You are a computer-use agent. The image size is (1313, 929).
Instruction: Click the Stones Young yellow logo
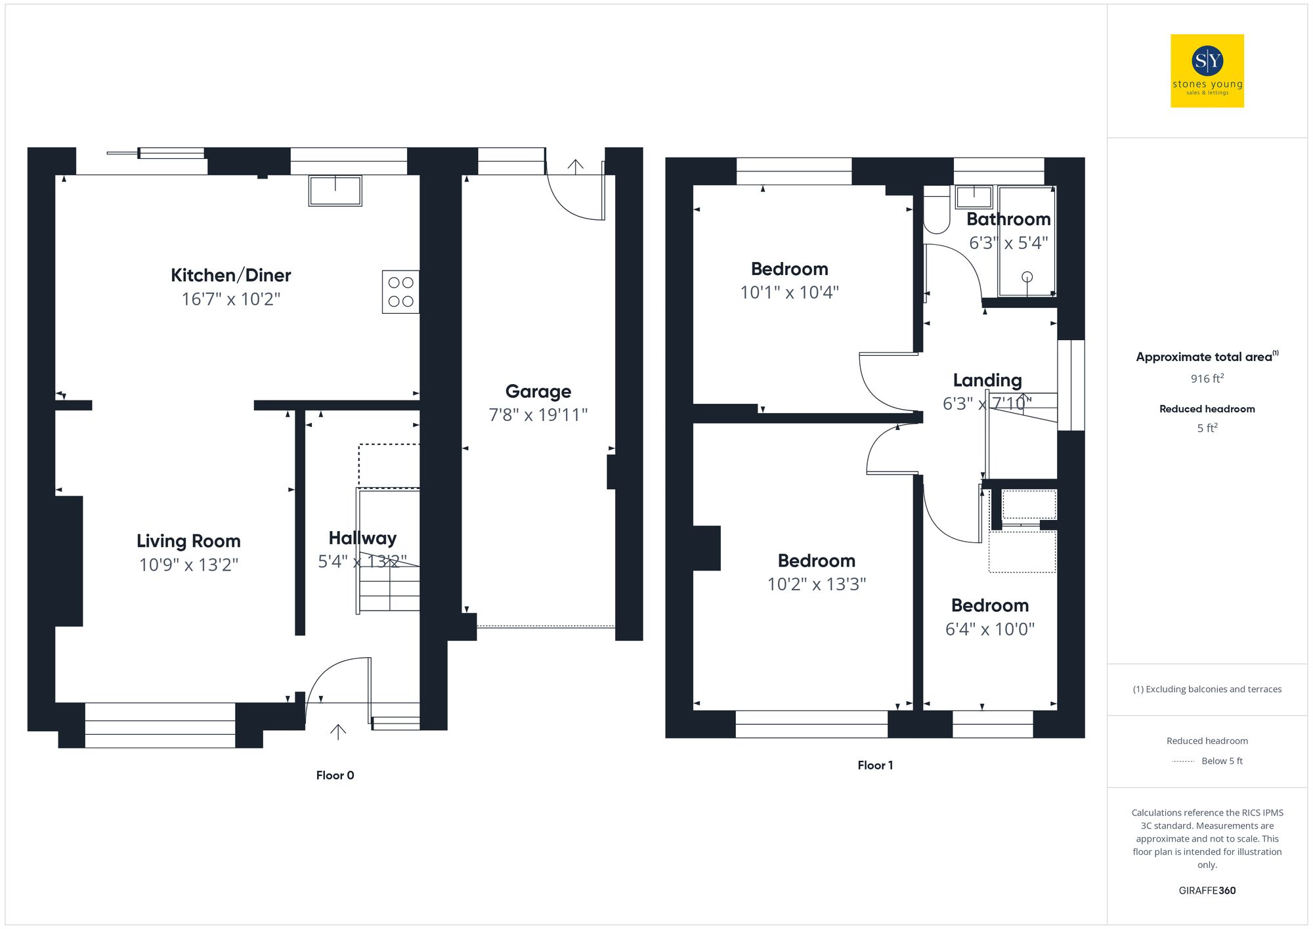[x=1207, y=71]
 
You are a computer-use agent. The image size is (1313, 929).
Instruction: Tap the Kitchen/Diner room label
[x=230, y=275]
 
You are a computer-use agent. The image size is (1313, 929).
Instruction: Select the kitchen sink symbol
[x=335, y=190]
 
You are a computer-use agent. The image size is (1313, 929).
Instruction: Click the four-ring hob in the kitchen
[x=400, y=292]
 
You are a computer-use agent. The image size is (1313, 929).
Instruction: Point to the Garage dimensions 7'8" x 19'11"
[x=538, y=415]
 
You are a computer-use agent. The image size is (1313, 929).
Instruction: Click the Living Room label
[x=188, y=541]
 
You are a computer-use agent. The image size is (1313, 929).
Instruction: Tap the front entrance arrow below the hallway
[x=337, y=731]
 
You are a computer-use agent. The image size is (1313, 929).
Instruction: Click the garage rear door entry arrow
[x=575, y=166]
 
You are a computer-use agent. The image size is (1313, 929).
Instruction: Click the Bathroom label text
[x=1008, y=219]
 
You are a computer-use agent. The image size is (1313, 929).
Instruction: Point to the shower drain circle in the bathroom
[x=1027, y=277]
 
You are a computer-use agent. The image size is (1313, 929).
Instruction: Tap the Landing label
[x=987, y=380]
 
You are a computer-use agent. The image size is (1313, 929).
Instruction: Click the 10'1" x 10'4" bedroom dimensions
[x=789, y=293]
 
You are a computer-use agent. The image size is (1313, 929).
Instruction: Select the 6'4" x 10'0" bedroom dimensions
[x=989, y=629]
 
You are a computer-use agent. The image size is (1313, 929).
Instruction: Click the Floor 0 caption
[x=335, y=775]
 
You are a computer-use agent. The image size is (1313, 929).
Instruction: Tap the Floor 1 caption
[x=875, y=766]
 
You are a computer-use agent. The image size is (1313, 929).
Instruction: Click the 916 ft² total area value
[x=1207, y=379]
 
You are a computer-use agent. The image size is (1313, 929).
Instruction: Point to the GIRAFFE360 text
[x=1207, y=891]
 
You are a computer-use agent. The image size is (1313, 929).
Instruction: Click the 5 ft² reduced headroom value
[x=1207, y=428]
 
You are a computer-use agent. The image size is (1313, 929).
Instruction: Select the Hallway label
[x=362, y=538]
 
